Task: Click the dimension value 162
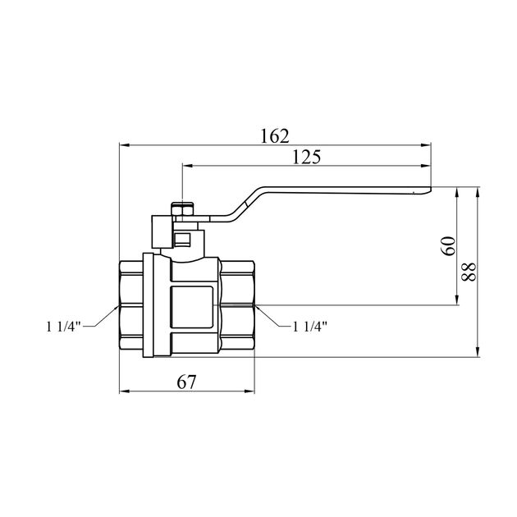[275, 136]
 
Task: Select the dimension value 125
[307, 157]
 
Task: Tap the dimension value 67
[186, 382]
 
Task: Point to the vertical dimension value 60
[448, 246]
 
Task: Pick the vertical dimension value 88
[469, 272]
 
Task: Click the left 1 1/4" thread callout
[63, 327]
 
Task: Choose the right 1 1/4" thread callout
[310, 327]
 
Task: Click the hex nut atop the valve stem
[183, 210]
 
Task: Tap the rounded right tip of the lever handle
[428, 190]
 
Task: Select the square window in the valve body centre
[191, 307]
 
